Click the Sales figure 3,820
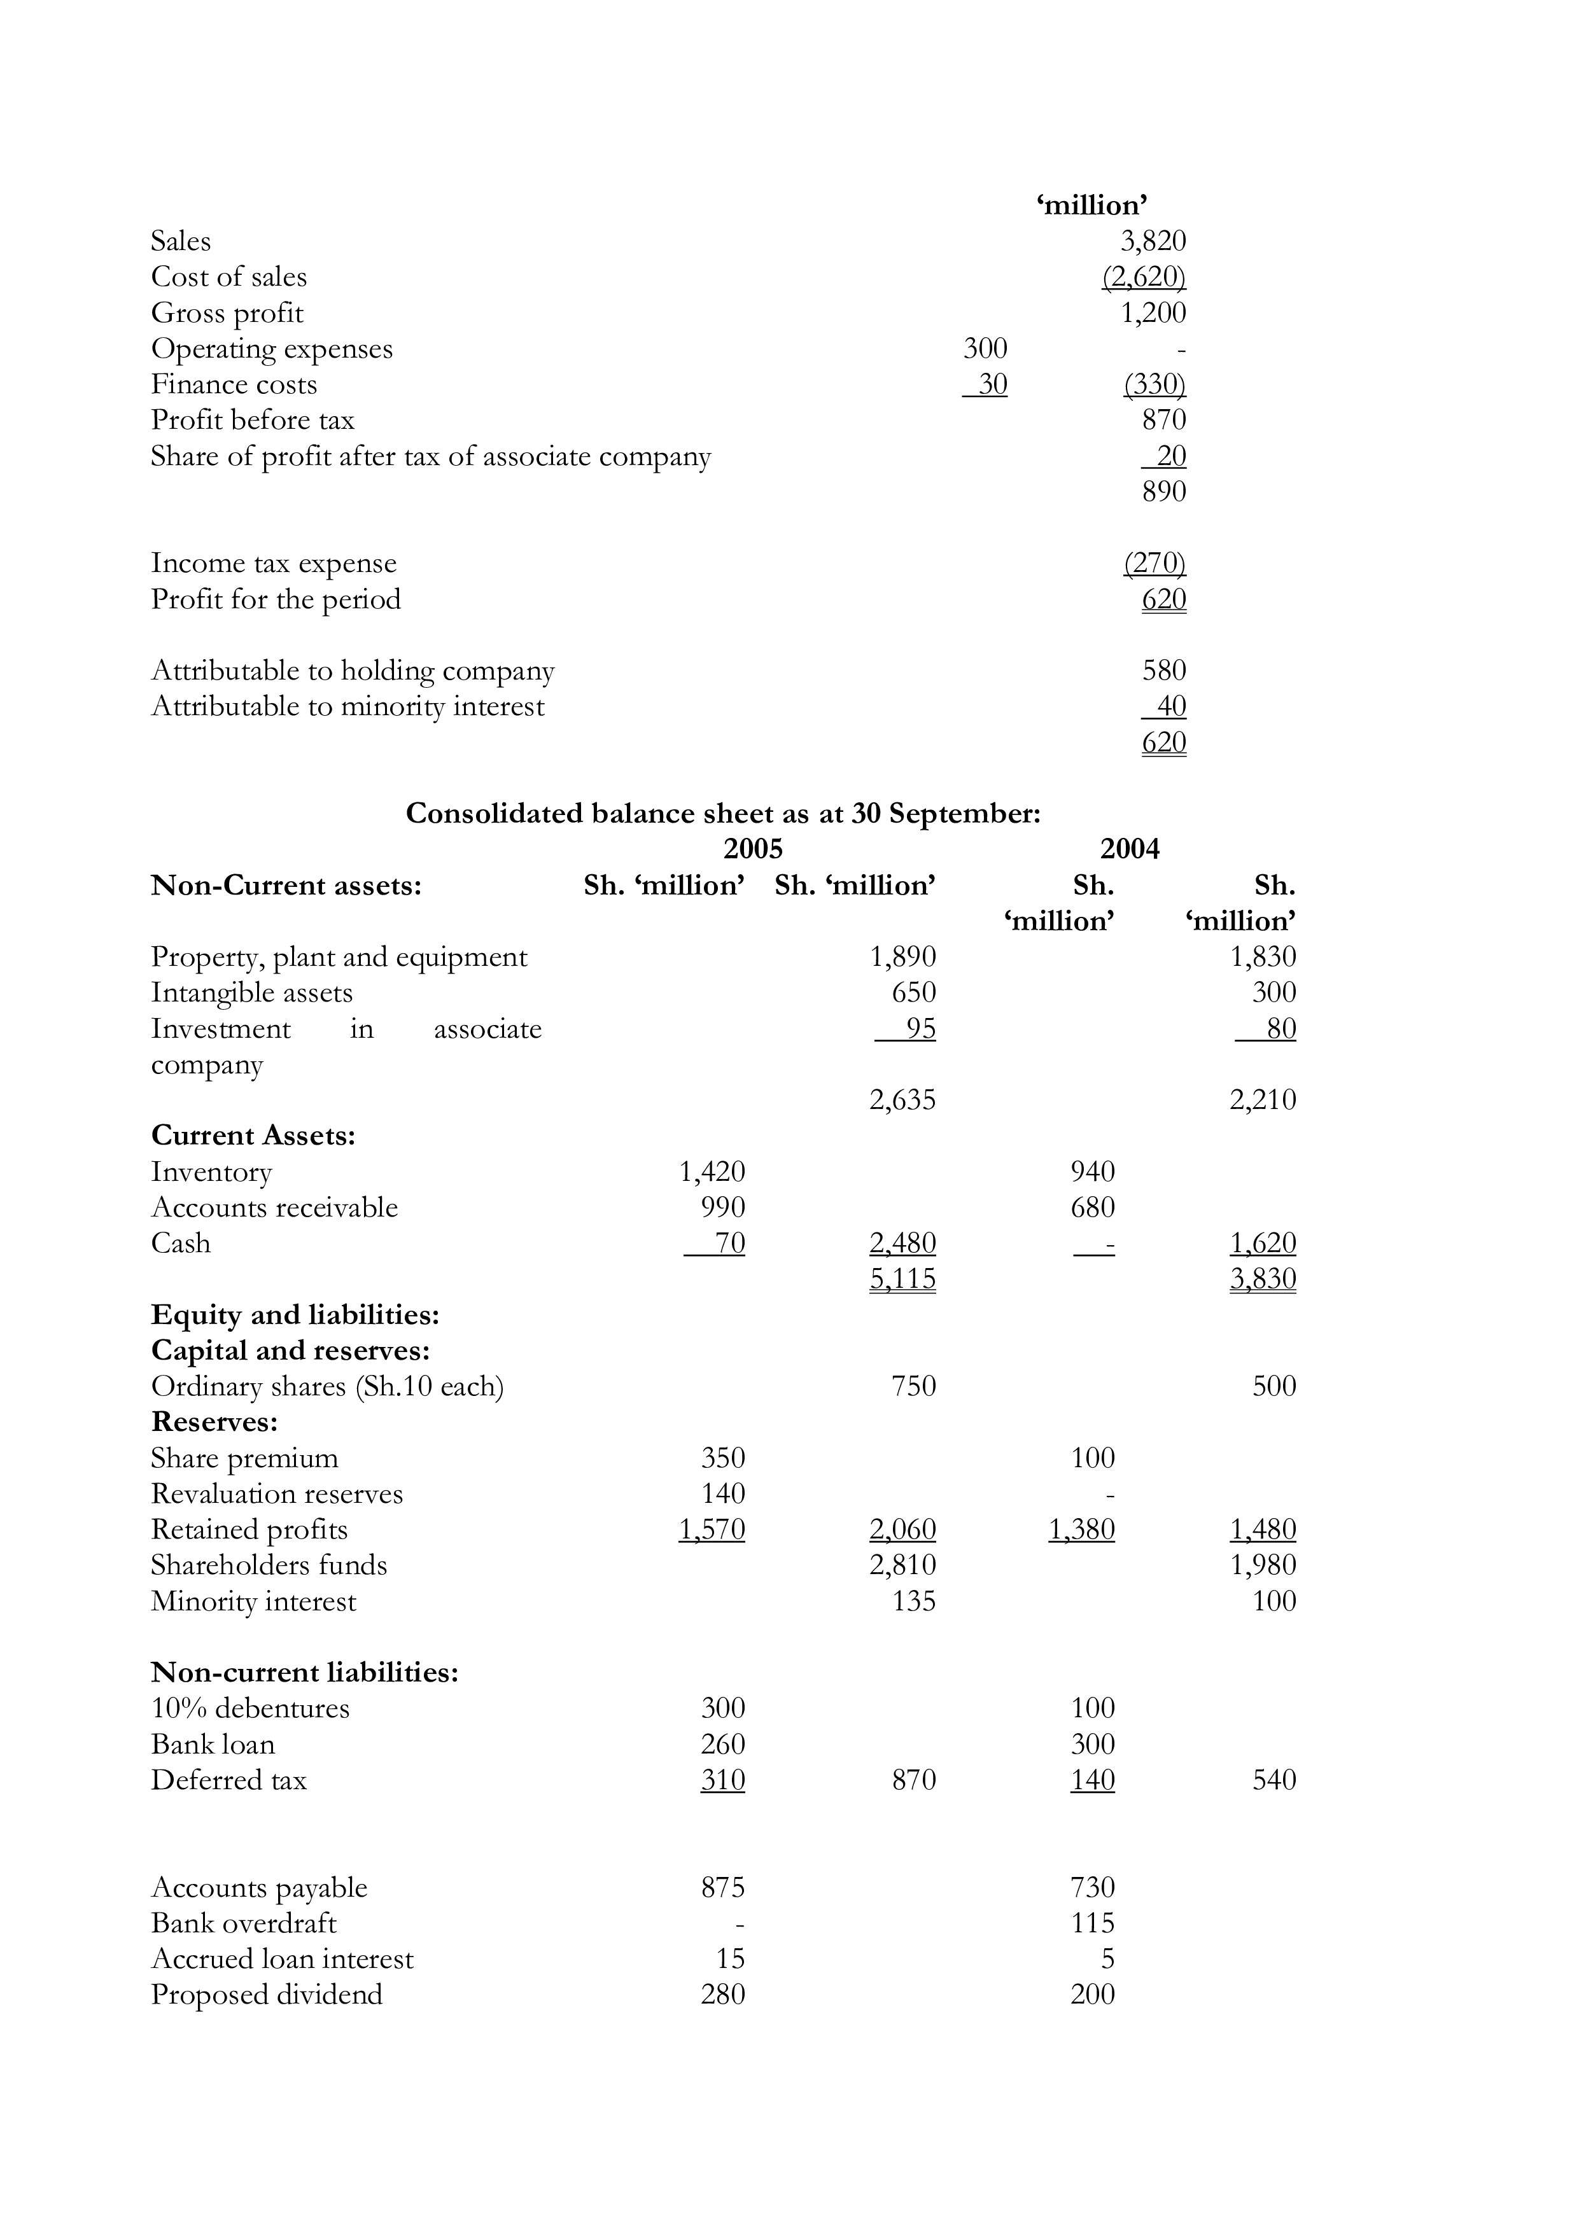point(1153,241)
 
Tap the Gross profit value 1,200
point(1153,313)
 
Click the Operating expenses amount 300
point(985,348)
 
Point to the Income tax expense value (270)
point(1154,563)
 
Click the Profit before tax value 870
point(1164,420)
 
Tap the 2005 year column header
point(752,849)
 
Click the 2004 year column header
point(1129,849)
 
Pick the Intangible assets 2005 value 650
point(914,993)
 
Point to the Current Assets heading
point(253,1136)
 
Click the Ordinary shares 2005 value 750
point(914,1386)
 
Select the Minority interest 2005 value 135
point(914,1601)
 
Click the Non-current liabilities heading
point(304,1672)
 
